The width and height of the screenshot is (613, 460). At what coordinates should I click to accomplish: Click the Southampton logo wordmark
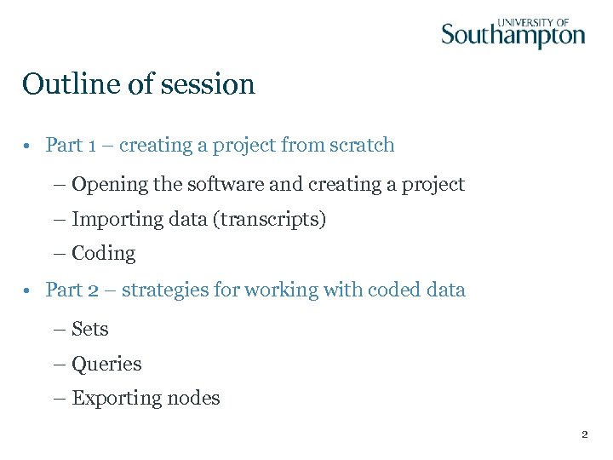click(513, 36)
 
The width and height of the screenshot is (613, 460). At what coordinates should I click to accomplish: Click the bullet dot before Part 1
click(28, 146)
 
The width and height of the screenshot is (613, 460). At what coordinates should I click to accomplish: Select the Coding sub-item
click(103, 254)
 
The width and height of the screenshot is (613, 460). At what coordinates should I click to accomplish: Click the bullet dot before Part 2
click(28, 290)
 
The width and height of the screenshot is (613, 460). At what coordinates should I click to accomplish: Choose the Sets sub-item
click(89, 329)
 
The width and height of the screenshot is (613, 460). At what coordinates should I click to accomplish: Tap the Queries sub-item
click(106, 365)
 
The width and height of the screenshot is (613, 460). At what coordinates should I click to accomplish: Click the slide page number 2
click(584, 434)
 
